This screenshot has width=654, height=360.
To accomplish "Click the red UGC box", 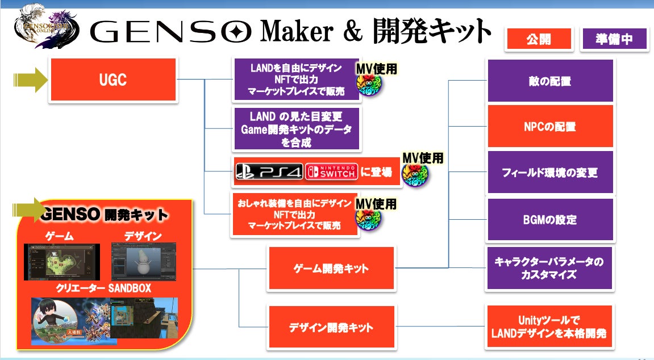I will click(114, 80).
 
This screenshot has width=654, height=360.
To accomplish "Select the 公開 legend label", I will click(538, 39).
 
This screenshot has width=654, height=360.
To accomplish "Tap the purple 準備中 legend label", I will click(614, 39).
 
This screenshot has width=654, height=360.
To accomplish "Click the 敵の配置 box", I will click(549, 81).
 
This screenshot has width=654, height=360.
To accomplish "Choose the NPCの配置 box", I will click(549, 126).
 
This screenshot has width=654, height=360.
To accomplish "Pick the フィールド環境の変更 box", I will click(549, 173).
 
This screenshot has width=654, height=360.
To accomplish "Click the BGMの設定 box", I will click(549, 219).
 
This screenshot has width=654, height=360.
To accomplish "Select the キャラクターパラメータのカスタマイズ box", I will click(549, 267).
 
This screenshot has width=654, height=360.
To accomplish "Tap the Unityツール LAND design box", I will click(549, 327).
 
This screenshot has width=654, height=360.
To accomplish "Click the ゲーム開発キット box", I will click(332, 268).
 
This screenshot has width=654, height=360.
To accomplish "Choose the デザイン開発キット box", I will click(332, 327).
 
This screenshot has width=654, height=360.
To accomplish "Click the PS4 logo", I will click(269, 173).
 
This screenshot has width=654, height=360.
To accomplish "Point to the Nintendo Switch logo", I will click(332, 172).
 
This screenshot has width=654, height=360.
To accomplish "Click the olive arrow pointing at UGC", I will click(31, 80).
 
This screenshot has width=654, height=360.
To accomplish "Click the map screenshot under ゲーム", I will click(61, 261).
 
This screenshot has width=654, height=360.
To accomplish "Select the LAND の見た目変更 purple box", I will click(297, 129).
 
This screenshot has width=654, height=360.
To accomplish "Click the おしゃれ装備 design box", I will click(294, 214).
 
